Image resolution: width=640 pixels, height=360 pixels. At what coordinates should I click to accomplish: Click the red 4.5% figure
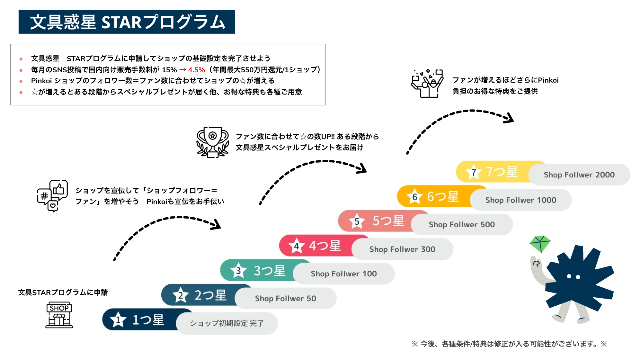[196, 70]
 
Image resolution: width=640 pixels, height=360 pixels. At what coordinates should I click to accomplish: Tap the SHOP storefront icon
[59, 315]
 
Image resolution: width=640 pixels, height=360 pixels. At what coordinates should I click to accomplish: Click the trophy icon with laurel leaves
[212, 142]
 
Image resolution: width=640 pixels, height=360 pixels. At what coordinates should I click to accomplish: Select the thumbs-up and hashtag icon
[52, 195]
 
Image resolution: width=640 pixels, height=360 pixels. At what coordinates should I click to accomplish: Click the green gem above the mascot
[540, 244]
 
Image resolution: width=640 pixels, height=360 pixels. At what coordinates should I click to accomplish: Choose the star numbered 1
[118, 320]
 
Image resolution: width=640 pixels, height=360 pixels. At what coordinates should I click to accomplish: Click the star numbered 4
[296, 246]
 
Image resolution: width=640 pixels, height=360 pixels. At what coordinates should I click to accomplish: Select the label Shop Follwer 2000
[579, 175]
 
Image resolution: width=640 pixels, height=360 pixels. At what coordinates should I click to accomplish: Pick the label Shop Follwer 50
[285, 299]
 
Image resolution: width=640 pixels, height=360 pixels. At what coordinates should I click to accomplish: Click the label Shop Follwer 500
[461, 225]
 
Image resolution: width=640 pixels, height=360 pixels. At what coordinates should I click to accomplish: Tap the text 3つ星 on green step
[269, 271]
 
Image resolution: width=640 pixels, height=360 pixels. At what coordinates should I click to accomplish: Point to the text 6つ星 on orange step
[442, 196]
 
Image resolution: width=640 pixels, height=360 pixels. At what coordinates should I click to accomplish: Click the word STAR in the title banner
[121, 22]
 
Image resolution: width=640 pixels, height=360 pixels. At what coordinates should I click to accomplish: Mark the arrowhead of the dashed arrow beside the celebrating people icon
[510, 118]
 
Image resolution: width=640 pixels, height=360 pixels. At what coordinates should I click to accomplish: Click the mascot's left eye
[569, 276]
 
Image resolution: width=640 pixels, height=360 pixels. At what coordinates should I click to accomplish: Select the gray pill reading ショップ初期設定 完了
[227, 323]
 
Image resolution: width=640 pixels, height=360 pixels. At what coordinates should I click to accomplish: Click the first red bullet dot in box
[21, 59]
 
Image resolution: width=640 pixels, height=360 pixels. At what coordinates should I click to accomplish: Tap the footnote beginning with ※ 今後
[509, 344]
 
